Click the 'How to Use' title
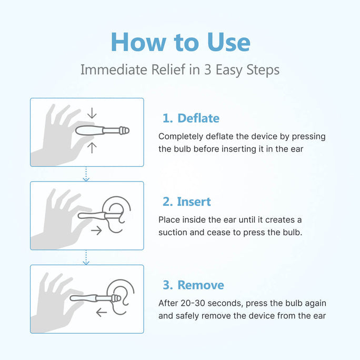pos(180,42)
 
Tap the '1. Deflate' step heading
pos(191,118)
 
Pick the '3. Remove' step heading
pos(193,285)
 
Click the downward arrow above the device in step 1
pos(92,113)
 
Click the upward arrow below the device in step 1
pos(92,147)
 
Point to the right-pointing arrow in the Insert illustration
pos(96,231)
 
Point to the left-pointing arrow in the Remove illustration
pos(101,313)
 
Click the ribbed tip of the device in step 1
pos(123,130)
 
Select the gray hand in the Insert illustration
pos(55,221)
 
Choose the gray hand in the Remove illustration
pos(55,304)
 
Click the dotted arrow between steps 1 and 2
pos(86,174)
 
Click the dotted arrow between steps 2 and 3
pos(86,257)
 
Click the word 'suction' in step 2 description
pos(174,233)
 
